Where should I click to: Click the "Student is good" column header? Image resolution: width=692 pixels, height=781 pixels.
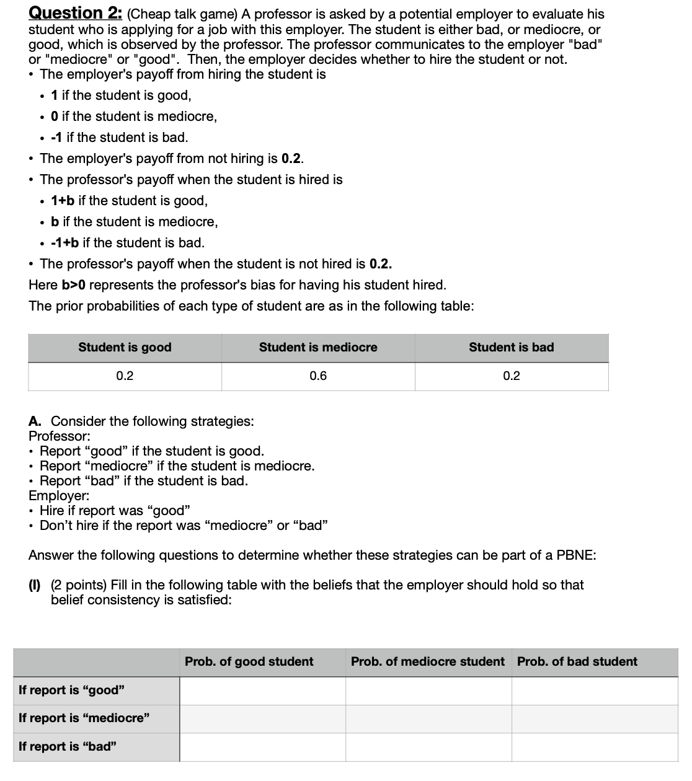coord(125,347)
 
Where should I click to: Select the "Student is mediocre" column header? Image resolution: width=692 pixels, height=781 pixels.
coord(317,347)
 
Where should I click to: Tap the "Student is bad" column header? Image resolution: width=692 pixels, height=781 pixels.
coord(511,347)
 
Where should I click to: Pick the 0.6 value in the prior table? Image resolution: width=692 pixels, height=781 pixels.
coord(317,376)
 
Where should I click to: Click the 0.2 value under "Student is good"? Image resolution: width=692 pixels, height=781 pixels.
coord(125,376)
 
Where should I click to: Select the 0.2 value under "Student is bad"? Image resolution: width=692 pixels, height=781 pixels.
coord(511,376)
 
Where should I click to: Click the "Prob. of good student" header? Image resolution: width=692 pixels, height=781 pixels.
coord(249,661)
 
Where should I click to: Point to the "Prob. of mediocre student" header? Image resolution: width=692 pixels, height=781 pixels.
coord(427,661)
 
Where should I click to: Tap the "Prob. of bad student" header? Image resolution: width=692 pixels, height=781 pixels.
coord(577,661)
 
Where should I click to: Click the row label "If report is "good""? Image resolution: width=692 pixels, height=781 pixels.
coord(72,690)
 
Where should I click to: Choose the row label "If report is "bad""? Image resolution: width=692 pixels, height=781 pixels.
coord(68,746)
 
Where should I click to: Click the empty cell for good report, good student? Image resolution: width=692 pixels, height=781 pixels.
coord(262,691)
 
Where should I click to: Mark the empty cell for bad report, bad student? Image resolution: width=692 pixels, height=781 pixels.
coord(595,747)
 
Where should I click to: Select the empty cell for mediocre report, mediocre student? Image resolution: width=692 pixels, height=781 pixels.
coord(428,718)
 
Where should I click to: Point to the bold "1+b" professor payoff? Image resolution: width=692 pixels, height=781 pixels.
coord(63,201)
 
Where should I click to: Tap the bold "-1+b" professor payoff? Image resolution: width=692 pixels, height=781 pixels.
coord(64,243)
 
